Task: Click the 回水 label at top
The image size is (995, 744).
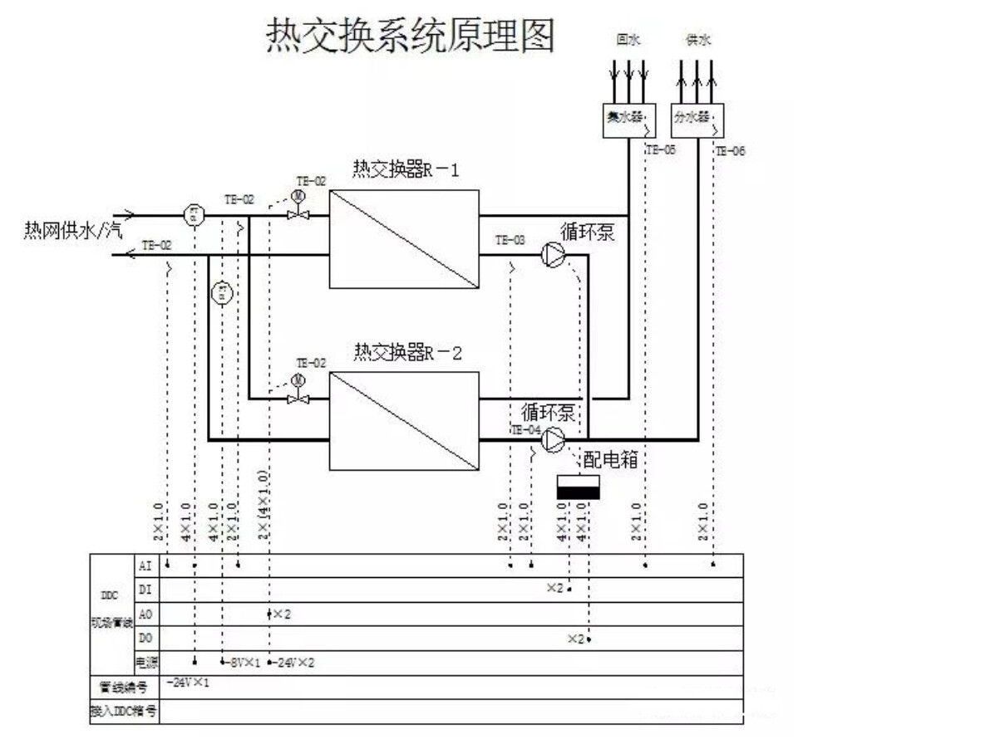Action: tap(626, 40)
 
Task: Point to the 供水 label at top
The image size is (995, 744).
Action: tap(697, 40)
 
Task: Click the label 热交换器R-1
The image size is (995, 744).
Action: tap(406, 170)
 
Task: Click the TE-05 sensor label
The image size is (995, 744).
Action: tap(661, 150)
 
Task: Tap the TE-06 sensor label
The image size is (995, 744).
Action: tap(731, 150)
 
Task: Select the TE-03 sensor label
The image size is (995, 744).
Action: tap(510, 240)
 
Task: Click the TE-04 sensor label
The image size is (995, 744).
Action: tap(525, 429)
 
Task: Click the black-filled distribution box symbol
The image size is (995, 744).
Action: tap(578, 492)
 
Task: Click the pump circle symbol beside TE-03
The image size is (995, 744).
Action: tap(552, 255)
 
